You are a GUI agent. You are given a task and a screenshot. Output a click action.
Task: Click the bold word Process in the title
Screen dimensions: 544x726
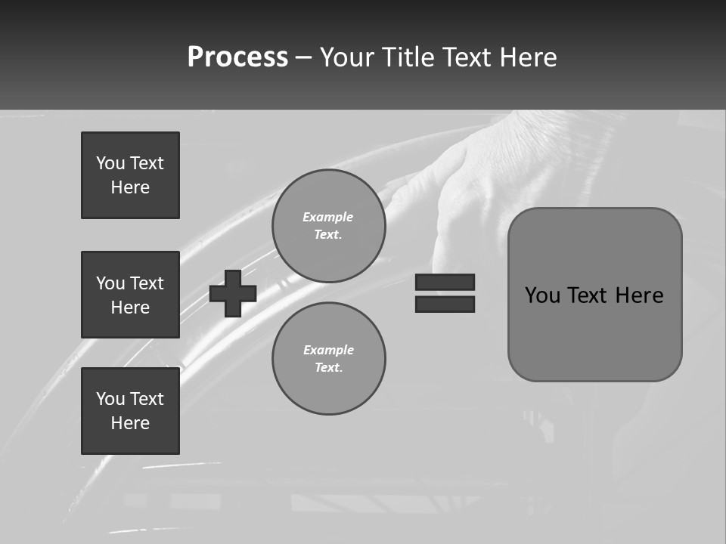pos(237,57)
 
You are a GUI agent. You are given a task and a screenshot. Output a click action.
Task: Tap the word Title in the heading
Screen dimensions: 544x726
pos(406,57)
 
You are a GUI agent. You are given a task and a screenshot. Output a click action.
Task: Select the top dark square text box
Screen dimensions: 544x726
pos(130,175)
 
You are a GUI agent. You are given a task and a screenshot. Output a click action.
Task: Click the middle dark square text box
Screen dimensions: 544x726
pos(130,295)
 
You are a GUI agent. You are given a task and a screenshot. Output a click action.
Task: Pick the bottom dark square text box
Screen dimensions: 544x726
pos(130,410)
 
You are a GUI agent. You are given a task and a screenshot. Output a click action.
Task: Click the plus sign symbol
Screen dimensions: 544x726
pos(233,293)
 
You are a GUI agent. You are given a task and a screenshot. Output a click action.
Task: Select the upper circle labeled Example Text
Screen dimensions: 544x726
pos(329,226)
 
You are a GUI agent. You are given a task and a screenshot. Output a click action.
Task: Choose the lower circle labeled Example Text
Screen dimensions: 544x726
pos(329,359)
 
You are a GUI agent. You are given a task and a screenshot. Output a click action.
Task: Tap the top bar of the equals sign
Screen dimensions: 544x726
pos(445,283)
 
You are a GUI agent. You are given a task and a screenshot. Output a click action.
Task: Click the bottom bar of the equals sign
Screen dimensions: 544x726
pos(445,304)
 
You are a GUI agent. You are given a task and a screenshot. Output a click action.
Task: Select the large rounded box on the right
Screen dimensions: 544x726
pos(594,294)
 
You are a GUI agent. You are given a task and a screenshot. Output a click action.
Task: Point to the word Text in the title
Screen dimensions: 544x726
pos(467,57)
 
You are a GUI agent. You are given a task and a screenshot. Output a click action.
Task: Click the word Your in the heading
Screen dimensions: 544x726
pos(346,57)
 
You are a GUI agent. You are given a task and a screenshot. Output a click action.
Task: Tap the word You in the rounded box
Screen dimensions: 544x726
pos(542,295)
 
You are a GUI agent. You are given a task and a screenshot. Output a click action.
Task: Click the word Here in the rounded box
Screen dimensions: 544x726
pos(639,295)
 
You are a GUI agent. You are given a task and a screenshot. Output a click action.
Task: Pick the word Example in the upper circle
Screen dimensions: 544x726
pos(327,217)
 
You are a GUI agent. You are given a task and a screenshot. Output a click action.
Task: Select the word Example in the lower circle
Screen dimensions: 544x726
pos(328,350)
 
